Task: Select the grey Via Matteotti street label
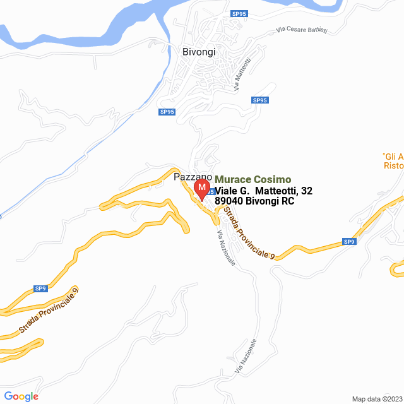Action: click(242, 74)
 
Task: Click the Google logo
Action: click(21, 396)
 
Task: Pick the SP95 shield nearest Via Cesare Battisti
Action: click(239, 13)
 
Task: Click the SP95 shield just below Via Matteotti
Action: click(259, 100)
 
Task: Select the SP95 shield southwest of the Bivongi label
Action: click(167, 112)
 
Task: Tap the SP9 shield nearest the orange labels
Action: click(349, 241)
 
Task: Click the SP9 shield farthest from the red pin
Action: click(40, 288)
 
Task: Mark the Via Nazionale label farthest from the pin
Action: click(247, 356)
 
